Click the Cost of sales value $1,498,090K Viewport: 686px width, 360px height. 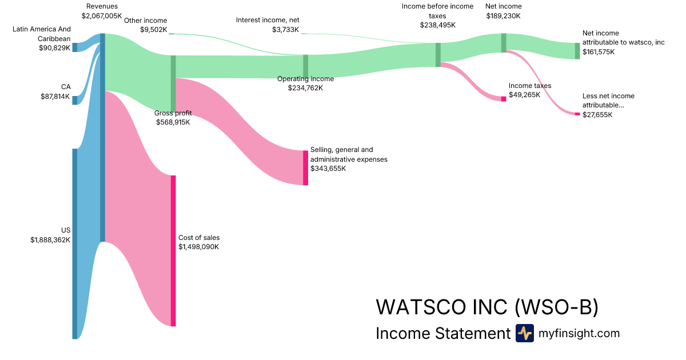[198, 247]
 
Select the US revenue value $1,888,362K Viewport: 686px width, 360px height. [50, 240]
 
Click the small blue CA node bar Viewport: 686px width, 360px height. [74, 101]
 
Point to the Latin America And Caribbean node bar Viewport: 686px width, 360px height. [74, 47]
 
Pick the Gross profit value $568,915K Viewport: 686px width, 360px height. [173, 122]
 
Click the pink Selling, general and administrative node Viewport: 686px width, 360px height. [305, 167]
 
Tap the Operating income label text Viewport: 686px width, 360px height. [305, 79]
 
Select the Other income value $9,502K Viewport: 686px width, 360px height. [154, 30]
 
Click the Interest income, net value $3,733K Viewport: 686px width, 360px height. [285, 30]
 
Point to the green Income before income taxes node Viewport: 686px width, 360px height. [438, 55]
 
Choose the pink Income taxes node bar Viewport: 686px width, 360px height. [504, 99]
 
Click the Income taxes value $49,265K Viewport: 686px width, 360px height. [524, 95]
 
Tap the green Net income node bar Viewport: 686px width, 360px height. [504, 43]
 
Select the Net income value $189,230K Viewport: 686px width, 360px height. [503, 16]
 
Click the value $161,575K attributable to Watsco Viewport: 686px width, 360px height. [599, 52]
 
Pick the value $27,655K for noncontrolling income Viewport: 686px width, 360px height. [597, 114]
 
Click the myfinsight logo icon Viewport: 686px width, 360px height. [524, 333]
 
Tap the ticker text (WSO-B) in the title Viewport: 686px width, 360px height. [556, 307]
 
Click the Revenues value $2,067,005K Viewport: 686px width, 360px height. [102, 16]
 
